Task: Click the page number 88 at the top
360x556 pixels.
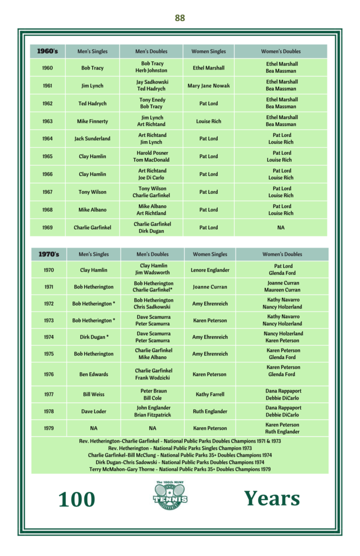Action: tap(180, 18)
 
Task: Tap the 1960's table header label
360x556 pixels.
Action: tap(47, 51)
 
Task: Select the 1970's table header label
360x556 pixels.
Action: tap(48, 254)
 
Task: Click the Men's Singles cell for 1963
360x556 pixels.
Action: tap(92, 121)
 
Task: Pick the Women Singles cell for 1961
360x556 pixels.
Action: tap(209, 86)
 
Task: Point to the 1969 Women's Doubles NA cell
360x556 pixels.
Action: tap(281, 228)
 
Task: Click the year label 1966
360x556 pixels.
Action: tap(47, 174)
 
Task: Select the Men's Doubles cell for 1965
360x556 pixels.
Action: tap(153, 156)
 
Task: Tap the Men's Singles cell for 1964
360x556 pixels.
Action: tap(92, 138)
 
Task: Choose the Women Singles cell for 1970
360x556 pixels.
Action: tap(210, 270)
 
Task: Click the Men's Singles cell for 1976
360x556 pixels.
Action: tap(93, 374)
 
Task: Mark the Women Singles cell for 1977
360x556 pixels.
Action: tap(210, 394)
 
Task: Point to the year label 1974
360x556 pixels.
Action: tap(49, 337)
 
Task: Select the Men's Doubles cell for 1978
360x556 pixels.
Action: tap(154, 411)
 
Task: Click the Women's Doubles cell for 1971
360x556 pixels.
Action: tap(282, 286)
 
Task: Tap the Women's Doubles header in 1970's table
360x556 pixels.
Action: tap(282, 254)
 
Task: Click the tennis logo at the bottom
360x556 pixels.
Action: tap(170, 495)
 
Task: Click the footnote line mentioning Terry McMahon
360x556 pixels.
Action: tap(180, 469)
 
